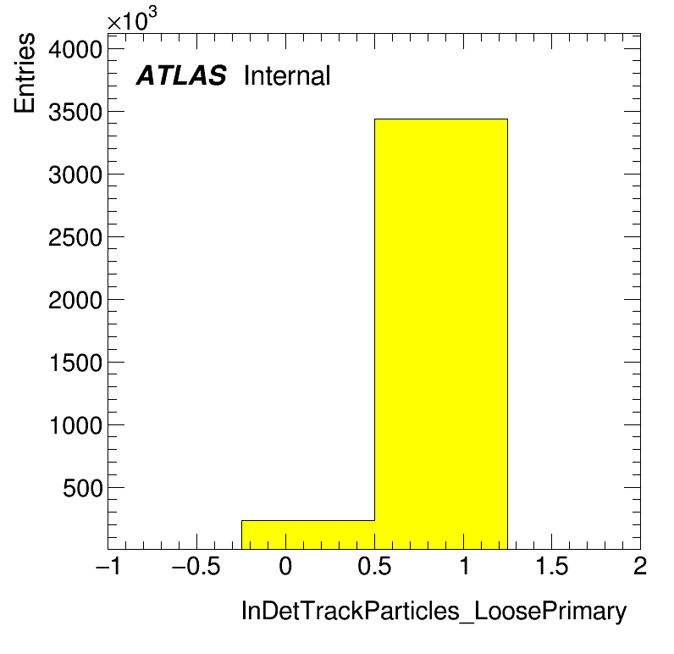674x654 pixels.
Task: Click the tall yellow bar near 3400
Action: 441,334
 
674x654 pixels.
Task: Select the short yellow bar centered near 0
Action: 307,535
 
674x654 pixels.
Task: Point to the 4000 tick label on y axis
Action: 75,49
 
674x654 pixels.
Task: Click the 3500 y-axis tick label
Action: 75,112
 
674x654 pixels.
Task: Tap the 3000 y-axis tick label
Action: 75,175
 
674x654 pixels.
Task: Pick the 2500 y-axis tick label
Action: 75,237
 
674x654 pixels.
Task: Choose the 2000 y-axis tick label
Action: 75,300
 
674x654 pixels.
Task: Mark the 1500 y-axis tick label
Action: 76,363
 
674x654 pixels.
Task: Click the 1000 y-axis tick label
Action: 76,425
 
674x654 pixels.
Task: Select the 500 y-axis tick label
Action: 83,489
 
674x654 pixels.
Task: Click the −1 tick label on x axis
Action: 108,566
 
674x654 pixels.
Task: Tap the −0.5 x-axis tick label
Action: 196,566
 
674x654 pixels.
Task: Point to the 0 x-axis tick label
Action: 285,566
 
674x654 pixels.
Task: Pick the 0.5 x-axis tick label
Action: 374,566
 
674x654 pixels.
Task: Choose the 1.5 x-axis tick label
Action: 552,566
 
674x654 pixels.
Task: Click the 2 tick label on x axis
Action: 640,566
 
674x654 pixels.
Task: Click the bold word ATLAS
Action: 181,75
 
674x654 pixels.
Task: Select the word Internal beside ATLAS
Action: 287,75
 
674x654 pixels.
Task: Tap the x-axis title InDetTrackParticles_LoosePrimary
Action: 434,611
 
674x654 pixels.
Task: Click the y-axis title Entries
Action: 25,73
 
